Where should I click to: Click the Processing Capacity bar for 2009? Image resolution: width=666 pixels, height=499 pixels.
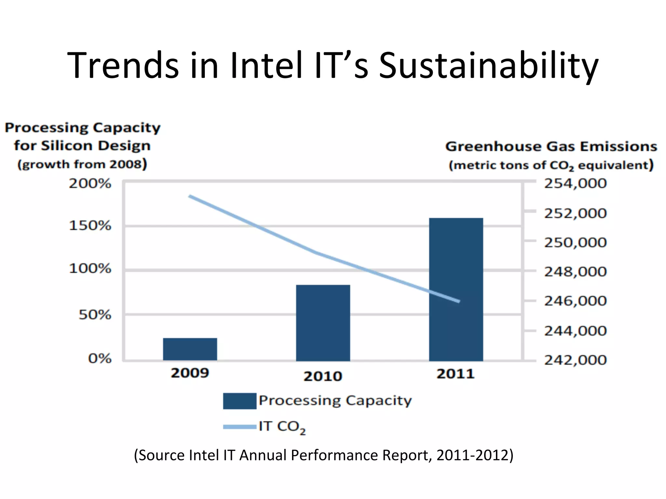pos(190,349)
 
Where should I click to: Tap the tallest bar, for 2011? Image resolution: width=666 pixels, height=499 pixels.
pos(456,289)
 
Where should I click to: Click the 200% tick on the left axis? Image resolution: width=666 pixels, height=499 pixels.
pos(90,184)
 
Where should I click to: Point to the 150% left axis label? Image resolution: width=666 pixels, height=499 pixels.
pos(90,225)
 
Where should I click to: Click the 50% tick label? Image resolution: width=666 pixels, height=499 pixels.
pos(95,315)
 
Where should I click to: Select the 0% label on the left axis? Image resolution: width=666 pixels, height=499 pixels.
pos(100,359)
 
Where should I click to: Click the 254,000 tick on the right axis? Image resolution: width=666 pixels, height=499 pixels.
pos(575,184)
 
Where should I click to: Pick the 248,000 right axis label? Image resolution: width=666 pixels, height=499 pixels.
pos(575,272)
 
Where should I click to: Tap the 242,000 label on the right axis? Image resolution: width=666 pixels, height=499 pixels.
pos(575,360)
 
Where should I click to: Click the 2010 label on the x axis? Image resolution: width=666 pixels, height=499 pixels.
pos(323,376)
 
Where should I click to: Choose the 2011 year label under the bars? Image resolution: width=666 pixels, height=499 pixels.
pos(455,374)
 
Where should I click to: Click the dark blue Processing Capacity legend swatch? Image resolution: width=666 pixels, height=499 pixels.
pos(240,401)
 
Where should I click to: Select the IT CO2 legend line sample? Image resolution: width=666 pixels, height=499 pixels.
pos(240,427)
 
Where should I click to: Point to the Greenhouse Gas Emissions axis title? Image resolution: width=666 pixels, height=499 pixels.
pos(551,147)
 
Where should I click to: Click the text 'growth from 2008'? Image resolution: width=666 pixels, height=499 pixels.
pos(82,164)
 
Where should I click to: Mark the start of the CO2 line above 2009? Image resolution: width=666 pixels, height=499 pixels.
pos(190,196)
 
